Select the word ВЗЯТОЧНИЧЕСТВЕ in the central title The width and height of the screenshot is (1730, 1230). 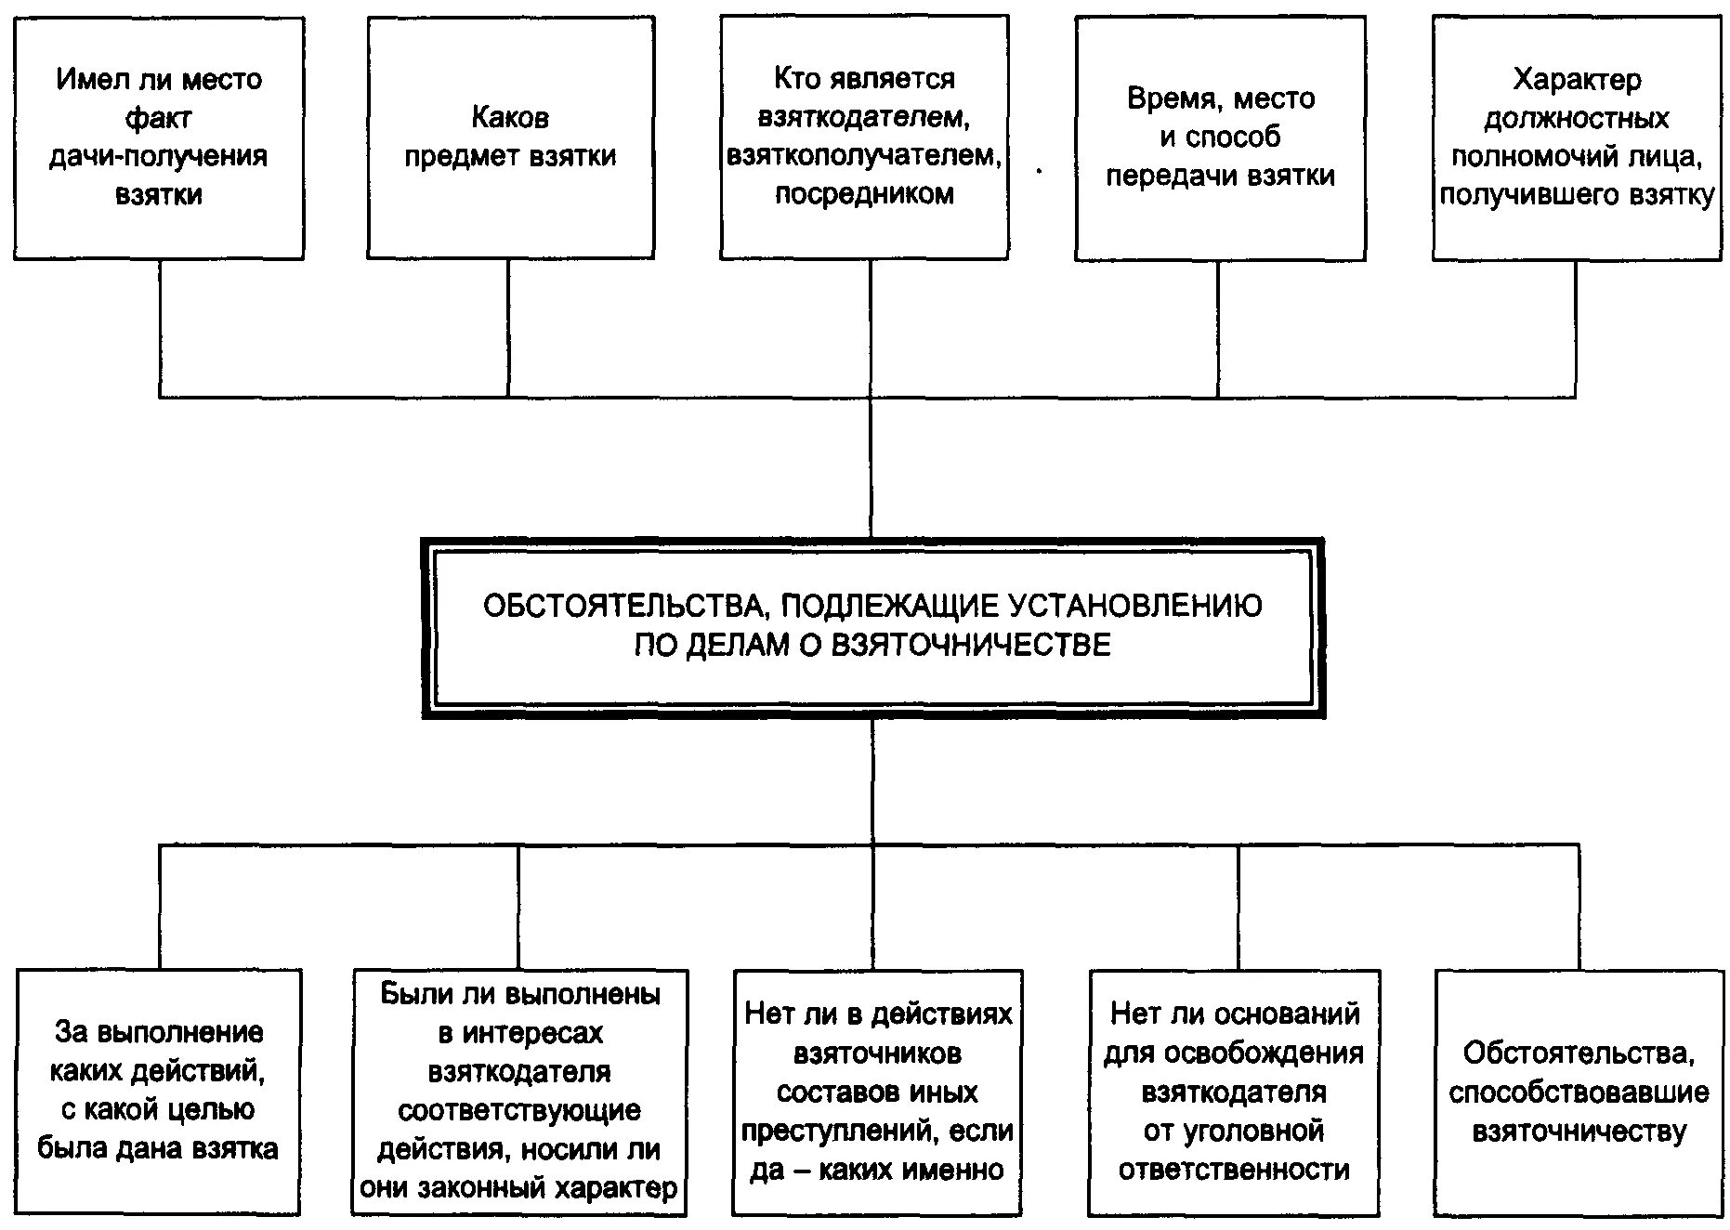(x=969, y=645)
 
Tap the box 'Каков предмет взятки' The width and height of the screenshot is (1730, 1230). (x=510, y=137)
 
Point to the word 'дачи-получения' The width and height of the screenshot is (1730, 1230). (x=158, y=156)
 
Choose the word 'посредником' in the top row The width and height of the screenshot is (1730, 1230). (x=864, y=194)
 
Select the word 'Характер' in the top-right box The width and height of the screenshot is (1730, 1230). (x=1577, y=79)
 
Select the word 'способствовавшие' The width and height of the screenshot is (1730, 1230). (x=1578, y=1093)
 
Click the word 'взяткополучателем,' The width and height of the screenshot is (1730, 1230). (x=864, y=156)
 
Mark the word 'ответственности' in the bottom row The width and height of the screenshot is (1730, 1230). (x=1233, y=1170)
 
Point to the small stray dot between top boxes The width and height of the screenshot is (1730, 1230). (x=1039, y=171)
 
